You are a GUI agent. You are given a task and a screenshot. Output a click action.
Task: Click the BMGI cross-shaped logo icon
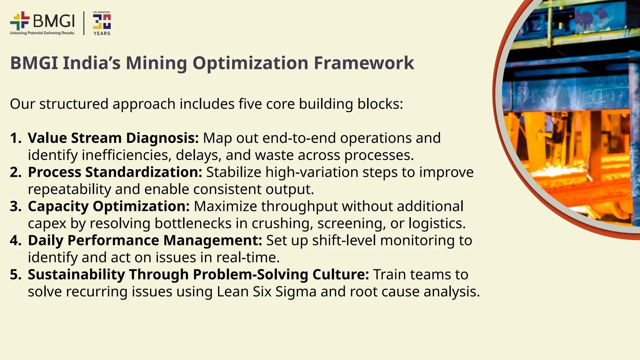point(20,21)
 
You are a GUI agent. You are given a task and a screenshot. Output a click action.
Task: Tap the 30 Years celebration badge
point(102,23)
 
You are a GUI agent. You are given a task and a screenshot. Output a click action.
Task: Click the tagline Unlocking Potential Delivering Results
point(42,33)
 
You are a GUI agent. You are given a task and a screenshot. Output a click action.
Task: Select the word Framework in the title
point(364,63)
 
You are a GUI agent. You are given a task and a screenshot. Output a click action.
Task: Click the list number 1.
point(15,138)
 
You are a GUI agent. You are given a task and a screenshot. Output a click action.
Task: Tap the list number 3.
point(15,206)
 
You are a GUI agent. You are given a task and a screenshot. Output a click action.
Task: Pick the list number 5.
point(15,274)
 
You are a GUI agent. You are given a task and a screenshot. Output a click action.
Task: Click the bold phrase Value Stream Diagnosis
point(113,138)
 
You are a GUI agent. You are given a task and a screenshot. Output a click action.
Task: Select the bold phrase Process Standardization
point(115,172)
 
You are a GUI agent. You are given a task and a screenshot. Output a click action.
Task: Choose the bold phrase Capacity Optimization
point(109,206)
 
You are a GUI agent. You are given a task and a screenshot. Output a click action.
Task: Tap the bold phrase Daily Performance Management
point(145,240)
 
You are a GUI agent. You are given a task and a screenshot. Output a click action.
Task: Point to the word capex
point(47,224)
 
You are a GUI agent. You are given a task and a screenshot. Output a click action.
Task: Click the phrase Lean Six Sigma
point(267,292)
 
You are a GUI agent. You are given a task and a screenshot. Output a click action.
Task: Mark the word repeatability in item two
point(69,190)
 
